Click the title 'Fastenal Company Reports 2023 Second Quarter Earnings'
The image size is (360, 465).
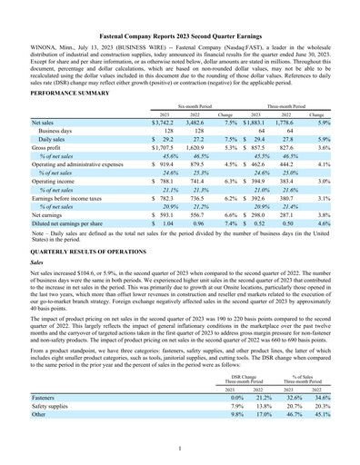tap(180, 10)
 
